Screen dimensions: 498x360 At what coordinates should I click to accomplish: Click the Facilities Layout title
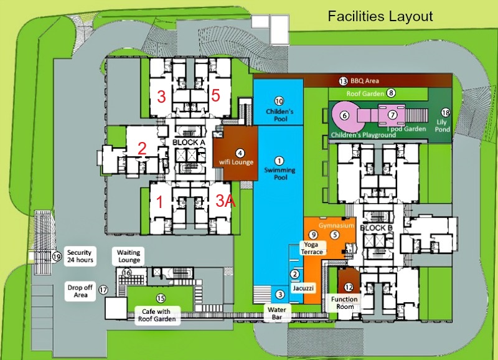click(x=380, y=16)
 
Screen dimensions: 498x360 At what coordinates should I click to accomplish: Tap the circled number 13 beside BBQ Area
click(x=343, y=81)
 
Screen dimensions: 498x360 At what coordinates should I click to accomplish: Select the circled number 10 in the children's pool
click(x=279, y=101)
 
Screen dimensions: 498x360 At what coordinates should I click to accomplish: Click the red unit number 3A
click(x=225, y=201)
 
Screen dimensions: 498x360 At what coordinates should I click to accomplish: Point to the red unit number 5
click(x=215, y=95)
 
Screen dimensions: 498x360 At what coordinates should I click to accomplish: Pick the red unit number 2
click(x=142, y=148)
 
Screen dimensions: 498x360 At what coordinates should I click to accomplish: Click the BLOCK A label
click(x=189, y=143)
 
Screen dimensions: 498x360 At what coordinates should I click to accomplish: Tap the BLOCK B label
click(x=377, y=228)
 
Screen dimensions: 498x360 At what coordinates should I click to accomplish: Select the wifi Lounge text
click(x=237, y=162)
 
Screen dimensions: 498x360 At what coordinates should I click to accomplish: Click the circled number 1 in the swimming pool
click(x=279, y=161)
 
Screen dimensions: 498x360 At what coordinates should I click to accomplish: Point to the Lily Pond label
click(x=443, y=126)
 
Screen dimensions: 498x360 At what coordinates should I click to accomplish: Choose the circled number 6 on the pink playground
click(x=345, y=115)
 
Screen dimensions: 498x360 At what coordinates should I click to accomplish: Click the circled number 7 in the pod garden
click(x=393, y=115)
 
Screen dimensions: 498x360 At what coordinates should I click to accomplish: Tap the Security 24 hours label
click(x=80, y=256)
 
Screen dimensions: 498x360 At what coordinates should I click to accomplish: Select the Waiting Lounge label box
click(x=128, y=257)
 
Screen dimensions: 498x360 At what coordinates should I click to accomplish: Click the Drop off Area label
click(x=80, y=291)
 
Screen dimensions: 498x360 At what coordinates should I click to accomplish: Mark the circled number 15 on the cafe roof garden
click(x=161, y=298)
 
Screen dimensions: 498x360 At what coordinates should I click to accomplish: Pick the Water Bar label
click(x=276, y=313)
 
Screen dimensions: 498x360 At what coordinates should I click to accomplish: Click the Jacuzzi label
click(x=303, y=288)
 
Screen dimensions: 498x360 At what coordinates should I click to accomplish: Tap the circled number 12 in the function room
click(x=349, y=287)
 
